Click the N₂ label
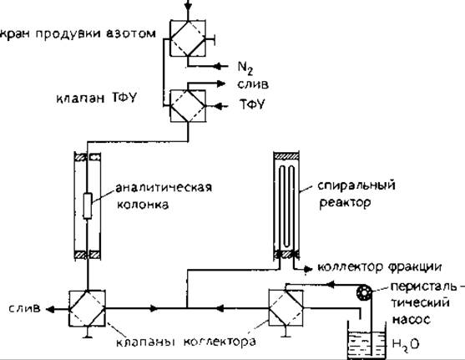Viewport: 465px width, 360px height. click(245, 68)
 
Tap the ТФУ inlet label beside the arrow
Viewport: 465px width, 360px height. click(252, 104)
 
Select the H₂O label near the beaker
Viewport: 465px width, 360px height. click(406, 344)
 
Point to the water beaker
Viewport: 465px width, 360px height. click(366, 342)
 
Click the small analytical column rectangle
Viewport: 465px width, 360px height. click(87, 205)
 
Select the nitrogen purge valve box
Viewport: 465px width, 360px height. click(188, 38)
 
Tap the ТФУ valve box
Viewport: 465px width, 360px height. click(188, 106)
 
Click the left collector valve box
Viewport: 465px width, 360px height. click(87, 308)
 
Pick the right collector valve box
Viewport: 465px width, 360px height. click(286, 308)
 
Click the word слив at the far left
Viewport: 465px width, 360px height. click(24, 308)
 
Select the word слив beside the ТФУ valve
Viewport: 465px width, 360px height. click(253, 84)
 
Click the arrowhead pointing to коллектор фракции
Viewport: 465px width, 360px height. click(308, 269)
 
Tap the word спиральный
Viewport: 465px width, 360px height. click(356, 185)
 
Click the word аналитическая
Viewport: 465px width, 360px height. click(164, 188)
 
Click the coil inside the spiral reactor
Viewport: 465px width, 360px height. click(287, 209)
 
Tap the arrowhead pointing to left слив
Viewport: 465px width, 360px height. click(50, 309)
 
